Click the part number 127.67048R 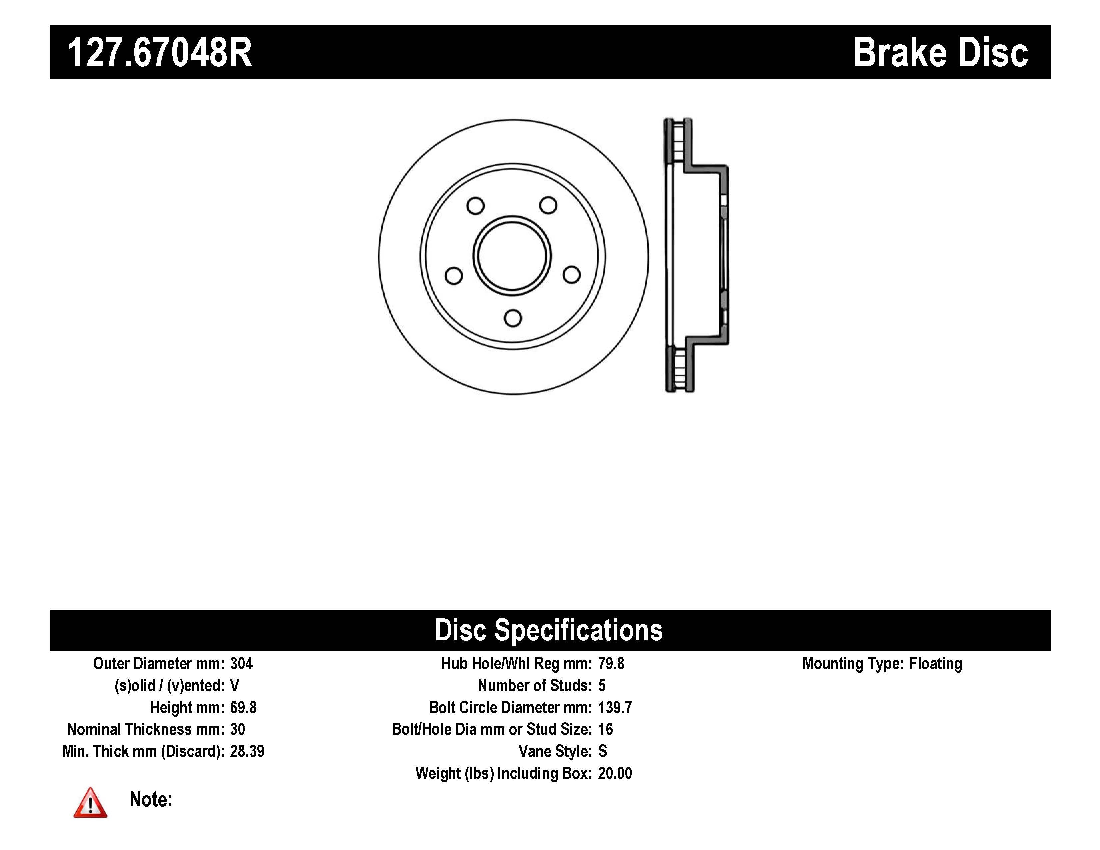160,52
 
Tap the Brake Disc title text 940,52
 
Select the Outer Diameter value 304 241,664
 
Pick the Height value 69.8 243,707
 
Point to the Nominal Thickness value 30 237,729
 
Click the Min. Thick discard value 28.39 247,751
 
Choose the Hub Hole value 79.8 611,664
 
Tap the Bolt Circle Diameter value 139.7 614,707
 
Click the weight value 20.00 614,773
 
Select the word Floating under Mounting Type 935,664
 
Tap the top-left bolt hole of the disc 475,205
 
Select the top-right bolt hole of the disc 548,205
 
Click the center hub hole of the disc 512,256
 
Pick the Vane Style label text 555,751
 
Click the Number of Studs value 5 602,685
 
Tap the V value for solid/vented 234,685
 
